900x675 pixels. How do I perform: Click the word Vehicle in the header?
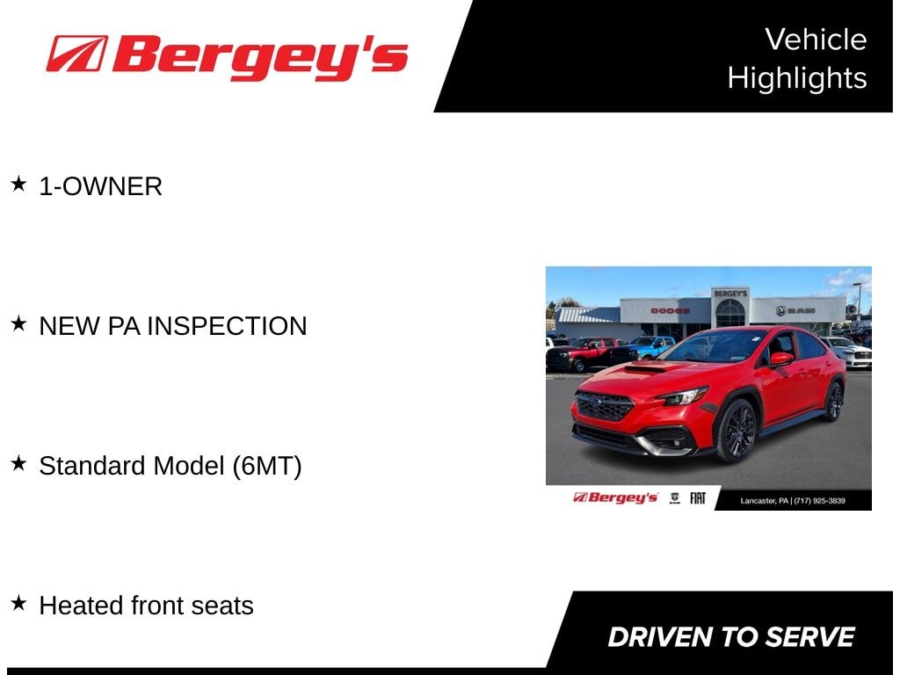coord(816,40)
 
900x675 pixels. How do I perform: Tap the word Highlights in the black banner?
coord(797,78)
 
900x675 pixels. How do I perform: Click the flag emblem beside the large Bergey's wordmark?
coord(77,54)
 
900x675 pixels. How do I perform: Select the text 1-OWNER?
coord(100,186)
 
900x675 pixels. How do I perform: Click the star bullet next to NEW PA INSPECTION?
coord(18,323)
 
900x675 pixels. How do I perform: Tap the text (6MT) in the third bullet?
coord(267,466)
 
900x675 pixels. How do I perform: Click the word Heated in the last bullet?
coord(81,606)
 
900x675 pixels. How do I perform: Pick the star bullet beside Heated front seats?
coord(18,603)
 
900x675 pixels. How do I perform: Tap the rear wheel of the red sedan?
coord(834,401)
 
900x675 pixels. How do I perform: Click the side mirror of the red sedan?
coord(780,359)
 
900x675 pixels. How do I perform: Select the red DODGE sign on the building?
coord(670,310)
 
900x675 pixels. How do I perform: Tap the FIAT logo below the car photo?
coord(697,498)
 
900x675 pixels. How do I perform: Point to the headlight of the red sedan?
coord(684,396)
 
